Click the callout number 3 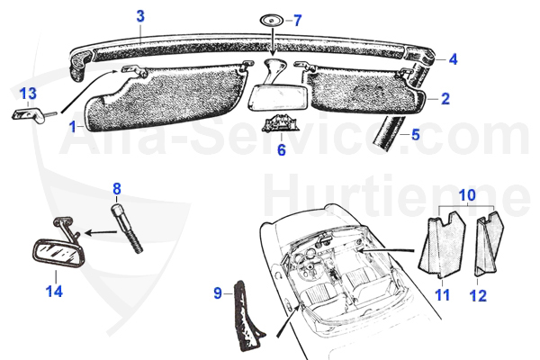pyautogui.click(x=140, y=16)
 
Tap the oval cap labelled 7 pyautogui.click(x=272, y=21)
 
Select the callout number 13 pyautogui.click(x=28, y=94)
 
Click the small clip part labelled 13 pyautogui.click(x=31, y=114)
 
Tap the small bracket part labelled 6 pyautogui.click(x=280, y=124)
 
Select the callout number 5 pyautogui.click(x=416, y=134)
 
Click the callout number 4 pyautogui.click(x=453, y=59)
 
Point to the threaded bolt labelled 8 pyautogui.click(x=126, y=229)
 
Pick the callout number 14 pyautogui.click(x=54, y=292)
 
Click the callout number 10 pyautogui.click(x=467, y=195)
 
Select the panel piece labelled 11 pyautogui.click(x=443, y=246)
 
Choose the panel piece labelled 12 pyautogui.click(x=489, y=245)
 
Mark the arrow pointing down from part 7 pyautogui.click(x=273, y=41)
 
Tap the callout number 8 pyautogui.click(x=117, y=189)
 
